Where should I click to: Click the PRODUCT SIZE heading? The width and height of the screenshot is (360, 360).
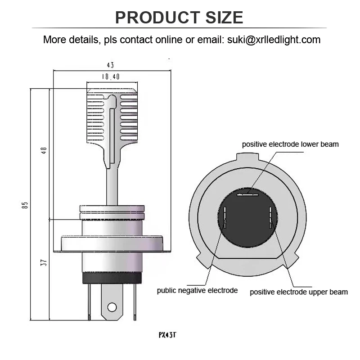[179, 18]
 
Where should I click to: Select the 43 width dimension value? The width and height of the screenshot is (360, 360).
[111, 65]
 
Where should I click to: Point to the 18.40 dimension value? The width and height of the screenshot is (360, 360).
[110, 77]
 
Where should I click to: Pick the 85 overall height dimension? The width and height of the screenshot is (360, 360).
[25, 205]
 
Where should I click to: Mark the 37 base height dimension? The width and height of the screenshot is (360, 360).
[44, 262]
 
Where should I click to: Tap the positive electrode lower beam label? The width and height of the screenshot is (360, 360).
[290, 144]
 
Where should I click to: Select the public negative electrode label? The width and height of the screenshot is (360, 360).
[197, 290]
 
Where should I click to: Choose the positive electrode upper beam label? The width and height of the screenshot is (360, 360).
[299, 292]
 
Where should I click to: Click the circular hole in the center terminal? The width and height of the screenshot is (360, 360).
[112, 308]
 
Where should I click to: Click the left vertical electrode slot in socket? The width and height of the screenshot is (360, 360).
[225, 218]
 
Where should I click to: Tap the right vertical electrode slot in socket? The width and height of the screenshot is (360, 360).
[270, 216]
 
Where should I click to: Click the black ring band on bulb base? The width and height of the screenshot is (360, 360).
[112, 279]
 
